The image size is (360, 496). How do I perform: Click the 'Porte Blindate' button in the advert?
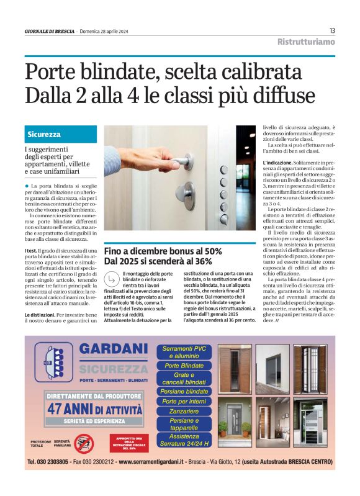click(184, 366)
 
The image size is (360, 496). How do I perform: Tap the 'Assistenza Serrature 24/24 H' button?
click(184, 440)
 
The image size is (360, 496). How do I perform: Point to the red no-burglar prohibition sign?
click(83, 442)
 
